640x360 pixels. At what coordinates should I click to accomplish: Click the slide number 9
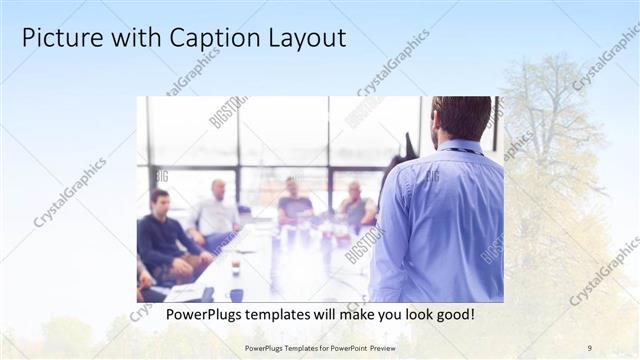(x=590, y=347)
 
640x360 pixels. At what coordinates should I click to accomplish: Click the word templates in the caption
(x=285, y=315)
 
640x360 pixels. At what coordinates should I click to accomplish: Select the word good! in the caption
(x=452, y=315)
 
